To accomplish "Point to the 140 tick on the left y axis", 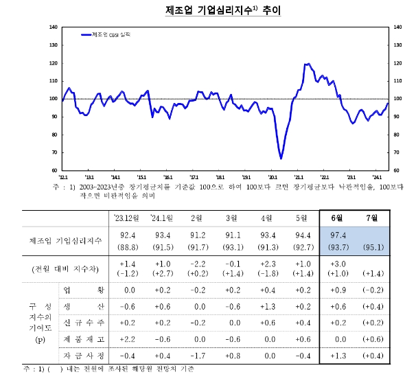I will (x=54, y=27).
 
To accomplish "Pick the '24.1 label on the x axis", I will (x=376, y=176).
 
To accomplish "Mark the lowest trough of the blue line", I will (x=281, y=159).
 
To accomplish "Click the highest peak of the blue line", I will (x=307, y=64).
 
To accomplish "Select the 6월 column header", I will (x=337, y=218).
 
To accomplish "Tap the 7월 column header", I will (x=372, y=218).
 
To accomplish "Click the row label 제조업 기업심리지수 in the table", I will (x=66, y=241).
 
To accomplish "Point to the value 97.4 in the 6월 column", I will (x=337, y=235).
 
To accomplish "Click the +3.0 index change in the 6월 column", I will (x=337, y=264).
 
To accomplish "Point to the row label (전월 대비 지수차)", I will (x=66, y=268).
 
